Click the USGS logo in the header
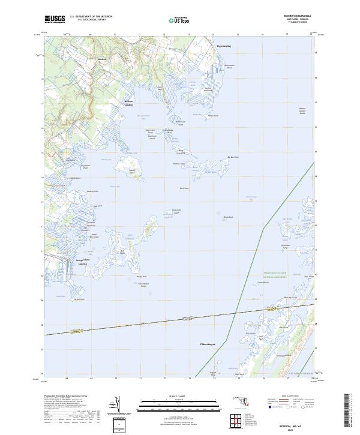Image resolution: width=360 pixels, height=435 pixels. tap(55, 19)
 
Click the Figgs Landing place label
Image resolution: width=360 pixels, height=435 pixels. tap(224, 46)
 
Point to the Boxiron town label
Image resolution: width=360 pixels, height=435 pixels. tap(102, 59)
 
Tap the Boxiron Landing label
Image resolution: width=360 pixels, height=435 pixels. tap(128, 103)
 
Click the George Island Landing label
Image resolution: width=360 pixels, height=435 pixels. tap(81, 262)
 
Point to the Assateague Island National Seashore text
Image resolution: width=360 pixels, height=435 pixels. tap(274, 275)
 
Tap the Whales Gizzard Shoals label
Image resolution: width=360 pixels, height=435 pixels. tap(302, 111)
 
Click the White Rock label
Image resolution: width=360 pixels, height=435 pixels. tap(227, 217)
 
